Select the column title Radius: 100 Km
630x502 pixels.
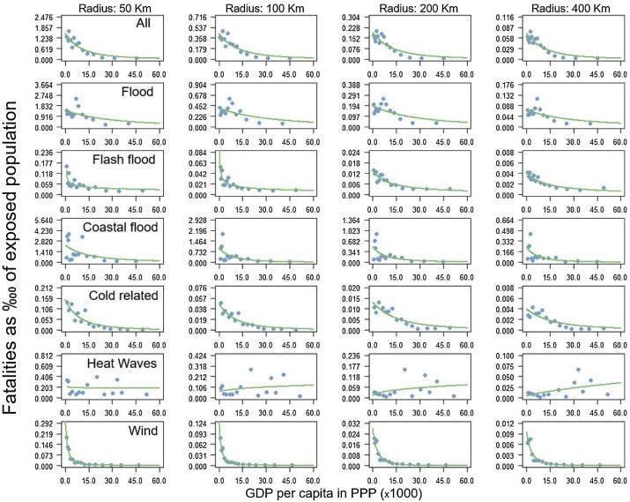[263, 8]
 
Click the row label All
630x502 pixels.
[134, 25]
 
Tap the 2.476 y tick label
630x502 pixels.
[44, 18]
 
